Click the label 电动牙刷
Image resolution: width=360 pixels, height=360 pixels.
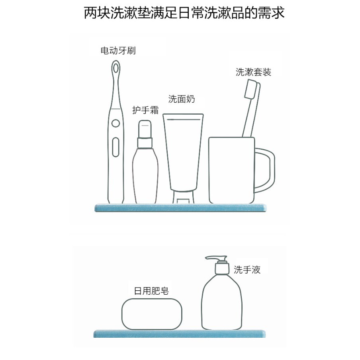[x=118, y=51]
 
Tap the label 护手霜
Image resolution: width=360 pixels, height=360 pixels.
[x=145, y=110]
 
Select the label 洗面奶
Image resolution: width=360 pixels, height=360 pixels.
[x=182, y=99]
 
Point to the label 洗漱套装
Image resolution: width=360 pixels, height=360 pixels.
[x=253, y=72]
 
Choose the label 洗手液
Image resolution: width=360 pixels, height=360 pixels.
[x=247, y=270]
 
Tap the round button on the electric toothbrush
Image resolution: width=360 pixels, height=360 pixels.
[x=115, y=124]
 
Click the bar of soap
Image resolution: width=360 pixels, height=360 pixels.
[x=152, y=314]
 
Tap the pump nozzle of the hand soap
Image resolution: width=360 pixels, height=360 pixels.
[x=215, y=258]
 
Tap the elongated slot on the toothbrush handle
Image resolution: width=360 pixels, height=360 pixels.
[x=115, y=147]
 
